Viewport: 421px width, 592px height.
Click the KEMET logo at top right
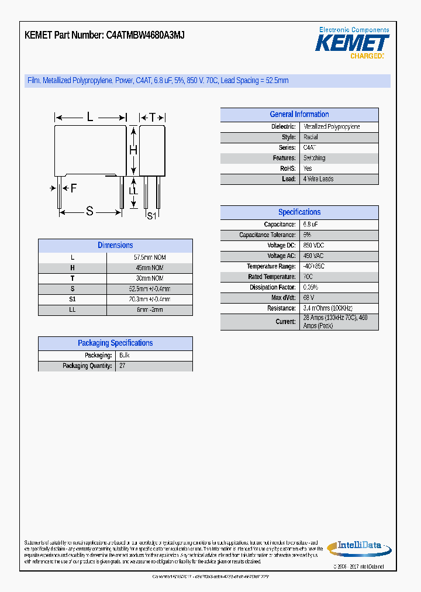[352, 43]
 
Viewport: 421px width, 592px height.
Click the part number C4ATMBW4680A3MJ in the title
[146, 35]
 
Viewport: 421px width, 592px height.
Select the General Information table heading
[299, 115]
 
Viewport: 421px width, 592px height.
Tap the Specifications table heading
[299, 212]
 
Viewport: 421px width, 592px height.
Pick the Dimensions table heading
[115, 246]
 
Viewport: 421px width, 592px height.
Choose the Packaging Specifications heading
[115, 343]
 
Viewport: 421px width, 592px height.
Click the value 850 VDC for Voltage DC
[314, 246]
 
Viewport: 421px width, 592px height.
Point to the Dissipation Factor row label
[272, 287]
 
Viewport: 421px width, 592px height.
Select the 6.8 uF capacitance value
[310, 225]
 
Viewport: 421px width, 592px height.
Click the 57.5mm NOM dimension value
[150, 257]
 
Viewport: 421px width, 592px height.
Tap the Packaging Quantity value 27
[122, 366]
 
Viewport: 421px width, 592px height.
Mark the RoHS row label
[288, 168]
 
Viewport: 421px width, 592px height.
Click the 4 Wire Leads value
[318, 179]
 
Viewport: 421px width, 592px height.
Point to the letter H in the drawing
[133, 150]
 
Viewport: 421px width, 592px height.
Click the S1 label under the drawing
[151, 216]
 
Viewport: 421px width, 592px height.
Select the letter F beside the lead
[73, 188]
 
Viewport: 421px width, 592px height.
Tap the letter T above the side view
[152, 118]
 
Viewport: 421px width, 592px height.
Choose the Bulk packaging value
[124, 355]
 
